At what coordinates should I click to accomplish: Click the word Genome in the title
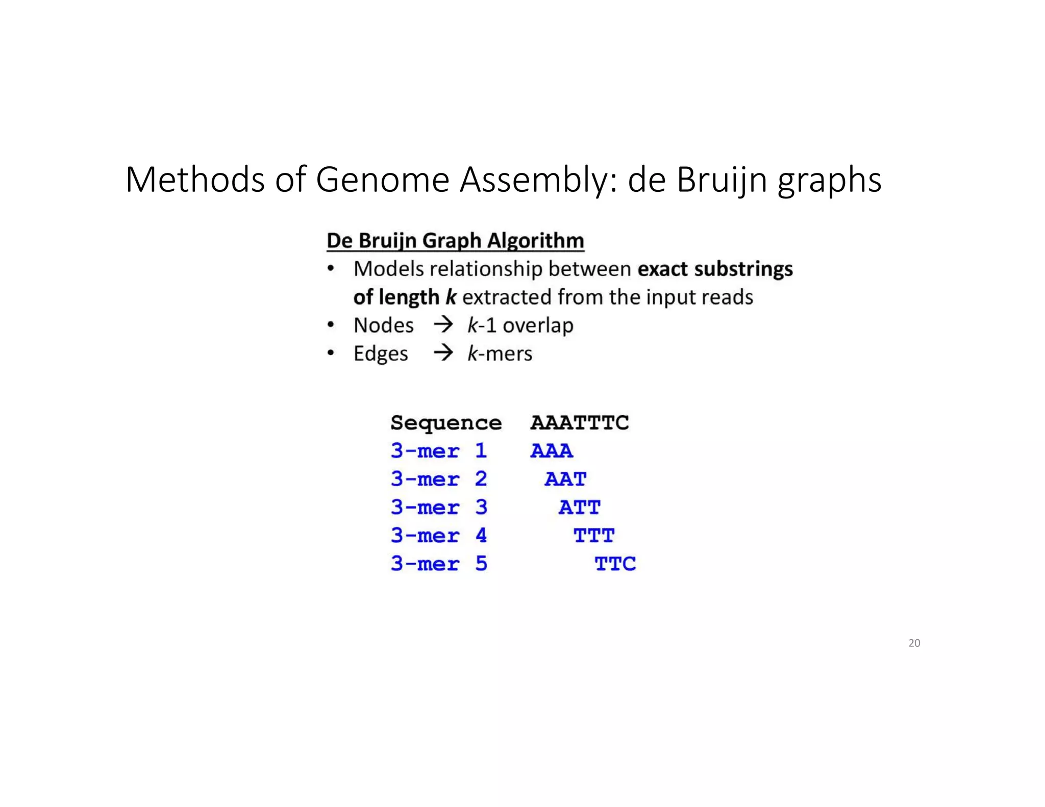coord(382,180)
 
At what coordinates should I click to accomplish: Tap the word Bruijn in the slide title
coord(721,180)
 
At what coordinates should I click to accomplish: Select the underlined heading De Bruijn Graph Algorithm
coord(455,241)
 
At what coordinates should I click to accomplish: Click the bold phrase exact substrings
coord(715,269)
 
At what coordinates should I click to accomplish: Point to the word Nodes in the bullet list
coord(383,325)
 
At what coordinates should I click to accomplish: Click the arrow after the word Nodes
coord(443,324)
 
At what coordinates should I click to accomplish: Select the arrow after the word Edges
coord(443,352)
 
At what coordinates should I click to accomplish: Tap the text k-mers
coord(500,354)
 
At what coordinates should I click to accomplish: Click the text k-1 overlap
coord(520,325)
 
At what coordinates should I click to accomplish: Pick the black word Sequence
coord(446,423)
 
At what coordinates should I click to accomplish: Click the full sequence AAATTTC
coord(580,422)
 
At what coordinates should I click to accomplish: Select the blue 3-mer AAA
coord(552,451)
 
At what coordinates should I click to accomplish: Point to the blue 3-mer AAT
coord(565,479)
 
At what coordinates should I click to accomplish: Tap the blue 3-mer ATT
coord(580,508)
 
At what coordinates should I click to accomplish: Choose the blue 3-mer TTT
coord(594,536)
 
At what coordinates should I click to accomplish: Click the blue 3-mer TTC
coord(615,564)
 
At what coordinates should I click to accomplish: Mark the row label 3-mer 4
coord(439,536)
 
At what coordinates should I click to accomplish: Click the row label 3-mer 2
coord(439,479)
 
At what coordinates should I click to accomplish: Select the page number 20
coord(914,643)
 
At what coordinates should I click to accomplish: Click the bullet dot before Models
coord(331,268)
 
